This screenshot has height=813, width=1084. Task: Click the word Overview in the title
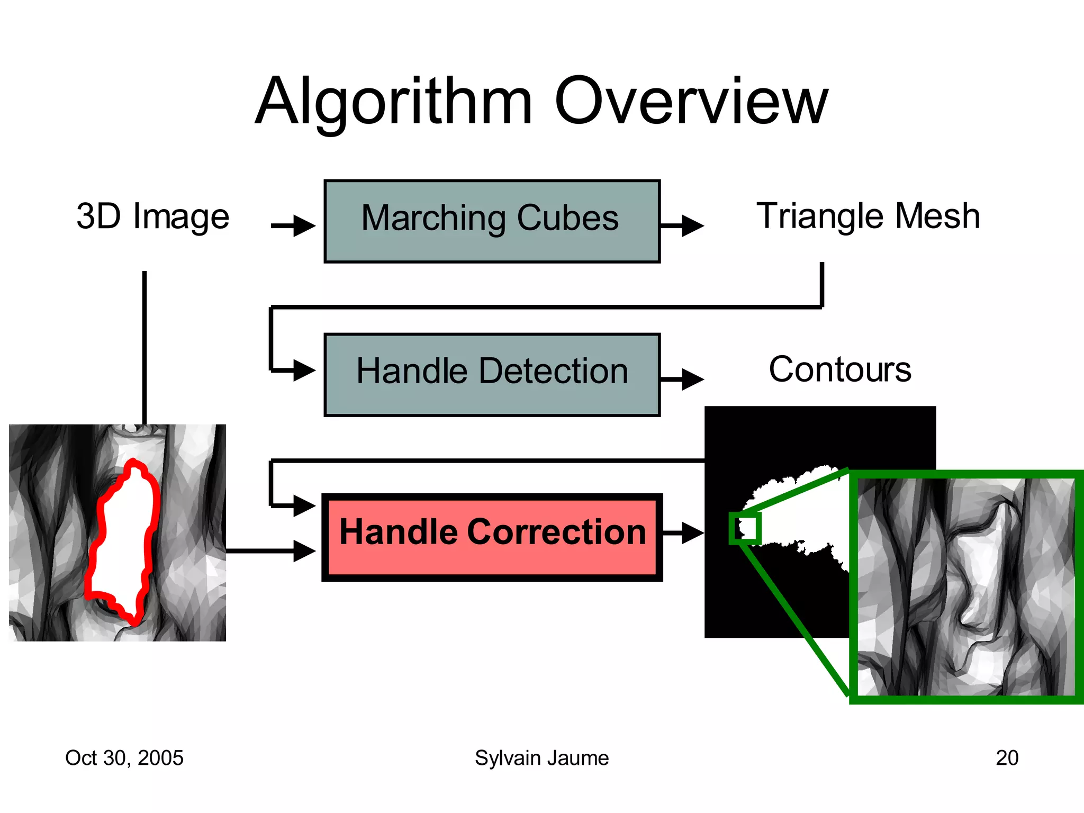(x=691, y=102)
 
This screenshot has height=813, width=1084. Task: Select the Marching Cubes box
(x=492, y=221)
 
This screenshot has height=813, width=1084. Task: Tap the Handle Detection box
(x=492, y=374)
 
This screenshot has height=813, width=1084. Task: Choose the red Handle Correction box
(x=492, y=537)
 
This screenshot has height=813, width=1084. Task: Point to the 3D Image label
(x=152, y=216)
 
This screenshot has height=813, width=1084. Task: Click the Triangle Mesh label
(x=868, y=216)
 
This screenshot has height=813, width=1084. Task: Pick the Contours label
(x=840, y=369)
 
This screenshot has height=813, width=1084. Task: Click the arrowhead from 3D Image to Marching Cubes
(x=305, y=226)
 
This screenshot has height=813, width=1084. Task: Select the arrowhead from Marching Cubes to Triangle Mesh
(x=692, y=226)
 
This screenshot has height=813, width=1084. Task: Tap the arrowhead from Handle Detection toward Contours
(x=692, y=379)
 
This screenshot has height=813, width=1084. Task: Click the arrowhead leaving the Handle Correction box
(x=692, y=533)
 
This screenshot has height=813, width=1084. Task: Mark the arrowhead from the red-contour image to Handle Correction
(x=305, y=551)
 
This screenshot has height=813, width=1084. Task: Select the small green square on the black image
(x=745, y=528)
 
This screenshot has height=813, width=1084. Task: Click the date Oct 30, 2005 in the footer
(x=124, y=758)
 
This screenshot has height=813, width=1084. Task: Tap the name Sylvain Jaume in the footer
(x=541, y=758)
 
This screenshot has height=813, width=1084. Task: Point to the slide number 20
(x=1007, y=758)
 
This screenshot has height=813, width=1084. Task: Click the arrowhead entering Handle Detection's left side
(x=305, y=370)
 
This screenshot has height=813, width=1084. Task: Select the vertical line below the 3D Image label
(x=144, y=347)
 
